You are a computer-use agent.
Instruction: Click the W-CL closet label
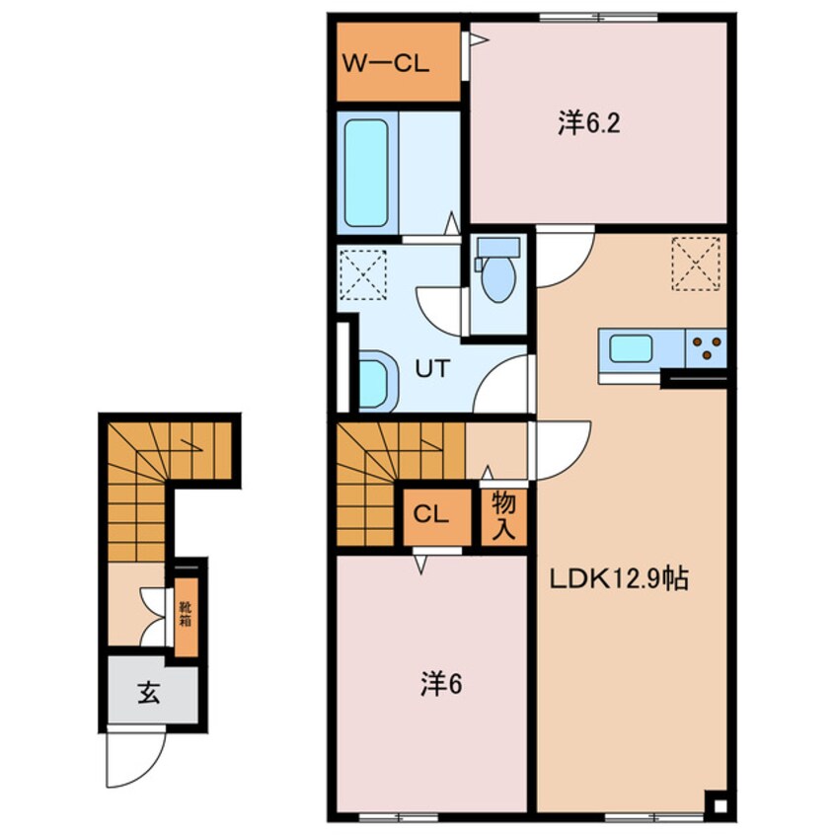click(385, 64)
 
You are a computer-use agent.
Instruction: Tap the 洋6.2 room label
click(589, 124)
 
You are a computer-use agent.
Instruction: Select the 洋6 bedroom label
click(441, 685)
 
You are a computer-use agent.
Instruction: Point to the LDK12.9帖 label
click(619, 578)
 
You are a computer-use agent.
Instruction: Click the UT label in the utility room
click(433, 368)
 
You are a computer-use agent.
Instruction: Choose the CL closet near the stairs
click(431, 515)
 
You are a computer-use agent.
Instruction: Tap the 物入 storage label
click(503, 516)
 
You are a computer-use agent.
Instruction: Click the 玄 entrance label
click(149, 693)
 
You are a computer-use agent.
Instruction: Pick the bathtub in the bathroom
click(366, 173)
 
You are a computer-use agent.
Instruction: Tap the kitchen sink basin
click(631, 348)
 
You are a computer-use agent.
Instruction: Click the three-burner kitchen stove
click(706, 348)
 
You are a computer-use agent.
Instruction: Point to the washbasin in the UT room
click(377, 381)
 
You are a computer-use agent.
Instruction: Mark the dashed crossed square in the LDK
click(696, 264)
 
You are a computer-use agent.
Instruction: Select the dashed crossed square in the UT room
click(362, 275)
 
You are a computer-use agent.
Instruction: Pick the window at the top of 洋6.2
click(598, 18)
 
